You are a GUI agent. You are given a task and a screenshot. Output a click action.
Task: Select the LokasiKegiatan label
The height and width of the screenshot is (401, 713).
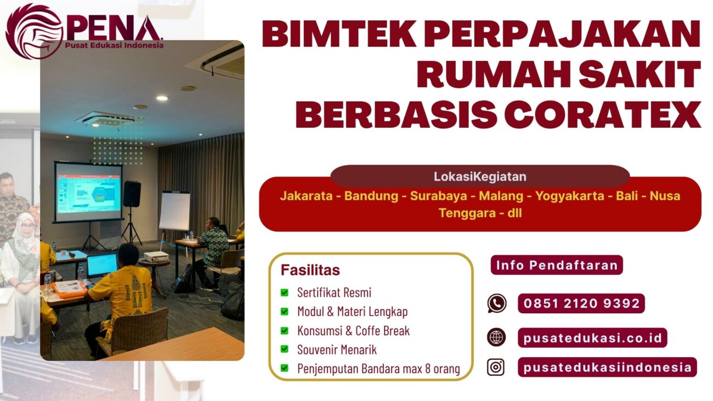tap(480, 177)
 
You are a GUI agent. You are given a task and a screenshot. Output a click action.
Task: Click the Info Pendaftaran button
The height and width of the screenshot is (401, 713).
tap(557, 266)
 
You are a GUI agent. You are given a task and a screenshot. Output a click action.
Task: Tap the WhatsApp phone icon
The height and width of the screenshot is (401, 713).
tap(496, 303)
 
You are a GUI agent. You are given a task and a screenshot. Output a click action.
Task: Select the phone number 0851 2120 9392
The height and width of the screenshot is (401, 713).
tap(581, 303)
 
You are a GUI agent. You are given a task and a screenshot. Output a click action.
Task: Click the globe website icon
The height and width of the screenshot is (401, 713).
tap(496, 337)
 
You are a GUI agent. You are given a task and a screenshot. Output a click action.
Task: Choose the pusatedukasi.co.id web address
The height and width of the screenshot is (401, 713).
tap(592, 337)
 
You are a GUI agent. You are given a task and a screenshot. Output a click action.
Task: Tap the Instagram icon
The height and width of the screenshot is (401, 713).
tap(496, 367)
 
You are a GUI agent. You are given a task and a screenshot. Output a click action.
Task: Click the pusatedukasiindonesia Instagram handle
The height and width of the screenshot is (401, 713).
tap(607, 367)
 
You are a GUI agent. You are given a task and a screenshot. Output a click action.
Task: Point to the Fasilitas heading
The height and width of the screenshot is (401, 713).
tap(310, 270)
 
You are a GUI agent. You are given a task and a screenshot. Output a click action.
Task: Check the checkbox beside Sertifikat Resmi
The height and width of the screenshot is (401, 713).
tap(285, 292)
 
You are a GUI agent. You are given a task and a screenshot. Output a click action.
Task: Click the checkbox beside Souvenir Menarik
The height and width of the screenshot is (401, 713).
tap(285, 349)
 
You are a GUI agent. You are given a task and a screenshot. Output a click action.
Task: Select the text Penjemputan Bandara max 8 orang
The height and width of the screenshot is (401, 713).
tap(378, 368)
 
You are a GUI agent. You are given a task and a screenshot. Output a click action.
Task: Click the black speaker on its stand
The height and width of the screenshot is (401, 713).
tap(132, 194)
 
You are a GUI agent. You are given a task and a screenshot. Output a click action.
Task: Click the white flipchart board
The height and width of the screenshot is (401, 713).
tap(174, 211)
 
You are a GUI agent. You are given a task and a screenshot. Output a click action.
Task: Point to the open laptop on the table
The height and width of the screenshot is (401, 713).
tap(102, 266)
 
